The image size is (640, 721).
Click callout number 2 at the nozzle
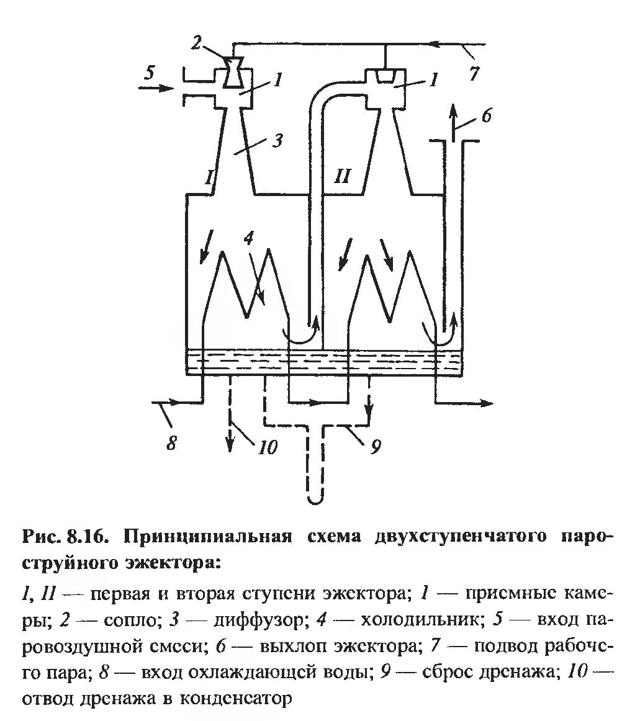coord(196,43)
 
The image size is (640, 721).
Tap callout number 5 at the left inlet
coord(150,73)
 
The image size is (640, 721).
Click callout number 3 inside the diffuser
coord(277,140)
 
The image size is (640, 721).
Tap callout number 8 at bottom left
coord(171,443)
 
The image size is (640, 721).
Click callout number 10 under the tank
coord(268,447)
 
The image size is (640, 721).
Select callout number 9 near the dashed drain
coord(376,447)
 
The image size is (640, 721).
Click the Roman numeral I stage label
coord(209,177)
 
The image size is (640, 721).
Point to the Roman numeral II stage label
coord(342,176)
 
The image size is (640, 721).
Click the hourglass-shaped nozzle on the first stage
coord(234,73)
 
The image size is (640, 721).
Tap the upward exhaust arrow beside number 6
coord(453,119)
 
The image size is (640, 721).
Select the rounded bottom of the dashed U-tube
coord(316,498)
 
